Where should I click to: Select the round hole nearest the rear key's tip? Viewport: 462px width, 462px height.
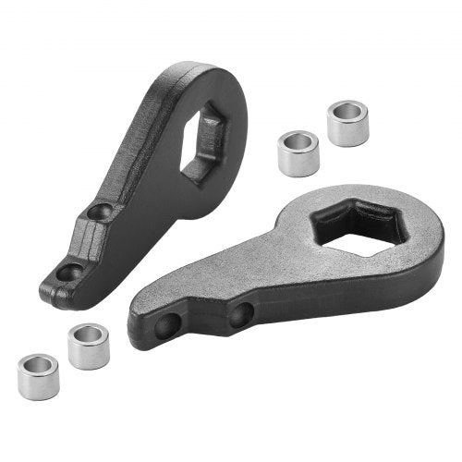coord(68,274)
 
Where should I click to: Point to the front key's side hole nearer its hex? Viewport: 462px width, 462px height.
coord(238,317)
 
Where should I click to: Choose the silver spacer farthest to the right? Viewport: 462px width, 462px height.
coord(346,123)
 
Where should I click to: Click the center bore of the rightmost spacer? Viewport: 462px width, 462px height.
coord(347,112)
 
